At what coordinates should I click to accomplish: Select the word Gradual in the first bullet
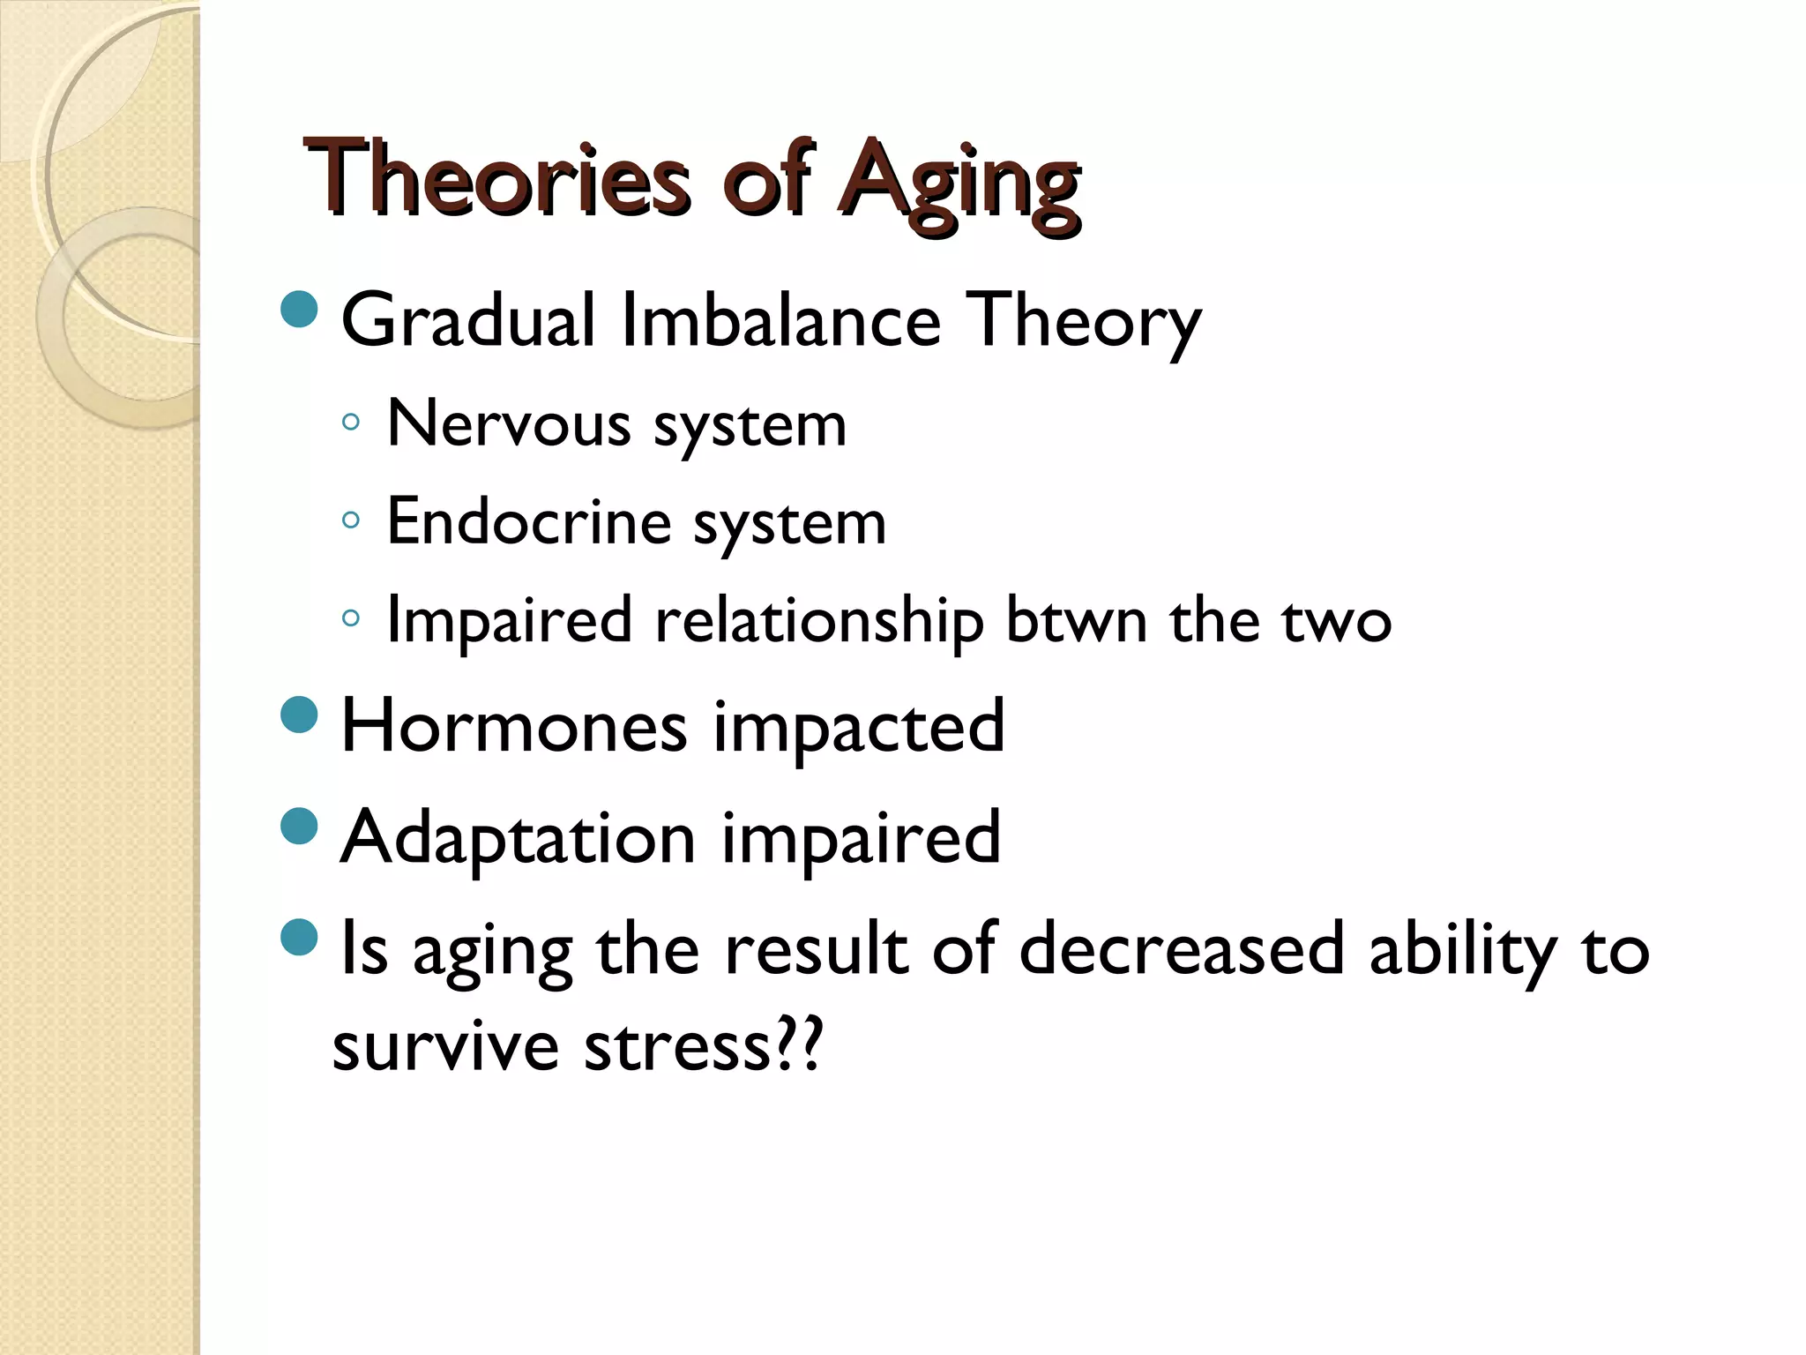click(x=468, y=320)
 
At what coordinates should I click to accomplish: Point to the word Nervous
click(x=509, y=425)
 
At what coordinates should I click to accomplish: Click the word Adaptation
click(x=519, y=838)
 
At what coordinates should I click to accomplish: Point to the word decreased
click(x=1180, y=950)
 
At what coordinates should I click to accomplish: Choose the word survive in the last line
click(x=445, y=1047)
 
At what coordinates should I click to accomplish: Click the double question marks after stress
click(x=799, y=1044)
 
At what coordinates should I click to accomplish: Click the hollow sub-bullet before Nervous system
click(x=350, y=423)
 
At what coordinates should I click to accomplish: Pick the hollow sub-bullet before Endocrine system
click(x=350, y=520)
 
